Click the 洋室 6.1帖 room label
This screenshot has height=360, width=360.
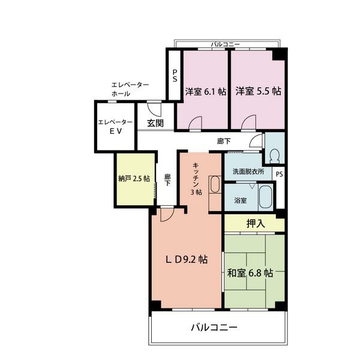click(x=205, y=92)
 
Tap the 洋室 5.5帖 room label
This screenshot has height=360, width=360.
click(x=258, y=92)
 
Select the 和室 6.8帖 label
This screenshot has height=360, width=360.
click(x=250, y=273)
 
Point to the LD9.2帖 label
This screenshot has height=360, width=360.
click(x=187, y=260)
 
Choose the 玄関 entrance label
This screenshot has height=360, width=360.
click(x=154, y=123)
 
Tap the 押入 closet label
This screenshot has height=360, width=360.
click(x=255, y=224)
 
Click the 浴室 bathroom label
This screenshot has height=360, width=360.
click(x=240, y=200)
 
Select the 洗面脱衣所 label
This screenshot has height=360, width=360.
click(x=248, y=172)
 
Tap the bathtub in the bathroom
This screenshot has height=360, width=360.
click(x=266, y=196)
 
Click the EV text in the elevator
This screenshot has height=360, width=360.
click(x=115, y=133)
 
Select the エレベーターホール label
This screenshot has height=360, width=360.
click(x=130, y=90)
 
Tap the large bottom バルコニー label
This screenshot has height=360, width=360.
click(x=214, y=328)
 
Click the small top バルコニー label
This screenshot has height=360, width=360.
click(x=226, y=44)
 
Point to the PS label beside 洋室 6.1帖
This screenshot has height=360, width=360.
click(x=174, y=76)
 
